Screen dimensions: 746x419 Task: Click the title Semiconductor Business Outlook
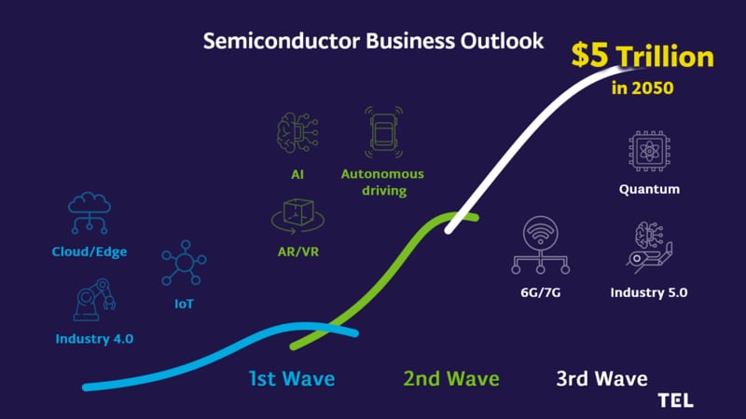coord(373,41)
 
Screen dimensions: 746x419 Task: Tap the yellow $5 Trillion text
coord(642,55)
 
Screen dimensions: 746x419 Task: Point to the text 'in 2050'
coord(642,88)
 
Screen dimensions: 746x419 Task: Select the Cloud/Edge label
coord(90,251)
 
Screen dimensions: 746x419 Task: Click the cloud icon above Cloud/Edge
coord(90,203)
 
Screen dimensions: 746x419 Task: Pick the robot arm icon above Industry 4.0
coord(95,300)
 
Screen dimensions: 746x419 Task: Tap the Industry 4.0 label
coord(94,339)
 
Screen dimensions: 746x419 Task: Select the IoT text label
coord(184,304)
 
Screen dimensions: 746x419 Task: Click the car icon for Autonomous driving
coord(383,132)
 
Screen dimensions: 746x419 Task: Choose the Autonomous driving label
coord(383,182)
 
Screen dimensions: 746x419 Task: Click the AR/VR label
coord(298,251)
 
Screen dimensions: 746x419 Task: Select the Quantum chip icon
coord(649,152)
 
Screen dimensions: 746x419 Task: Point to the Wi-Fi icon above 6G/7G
coord(541,233)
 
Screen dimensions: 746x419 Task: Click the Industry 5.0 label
coord(649,292)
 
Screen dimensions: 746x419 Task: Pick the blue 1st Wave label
coord(292,379)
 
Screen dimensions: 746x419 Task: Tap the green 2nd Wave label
coord(451,379)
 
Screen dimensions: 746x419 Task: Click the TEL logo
coord(675,400)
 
